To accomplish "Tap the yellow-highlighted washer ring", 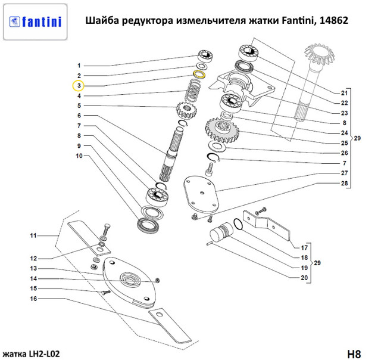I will coord(200,75).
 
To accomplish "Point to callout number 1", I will coord(78,65).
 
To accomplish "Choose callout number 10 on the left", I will coord(78,156).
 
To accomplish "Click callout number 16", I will coord(35,298).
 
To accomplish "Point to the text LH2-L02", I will coord(42,354).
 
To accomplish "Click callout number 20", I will coord(304,278).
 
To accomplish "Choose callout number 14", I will coord(35,278).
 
